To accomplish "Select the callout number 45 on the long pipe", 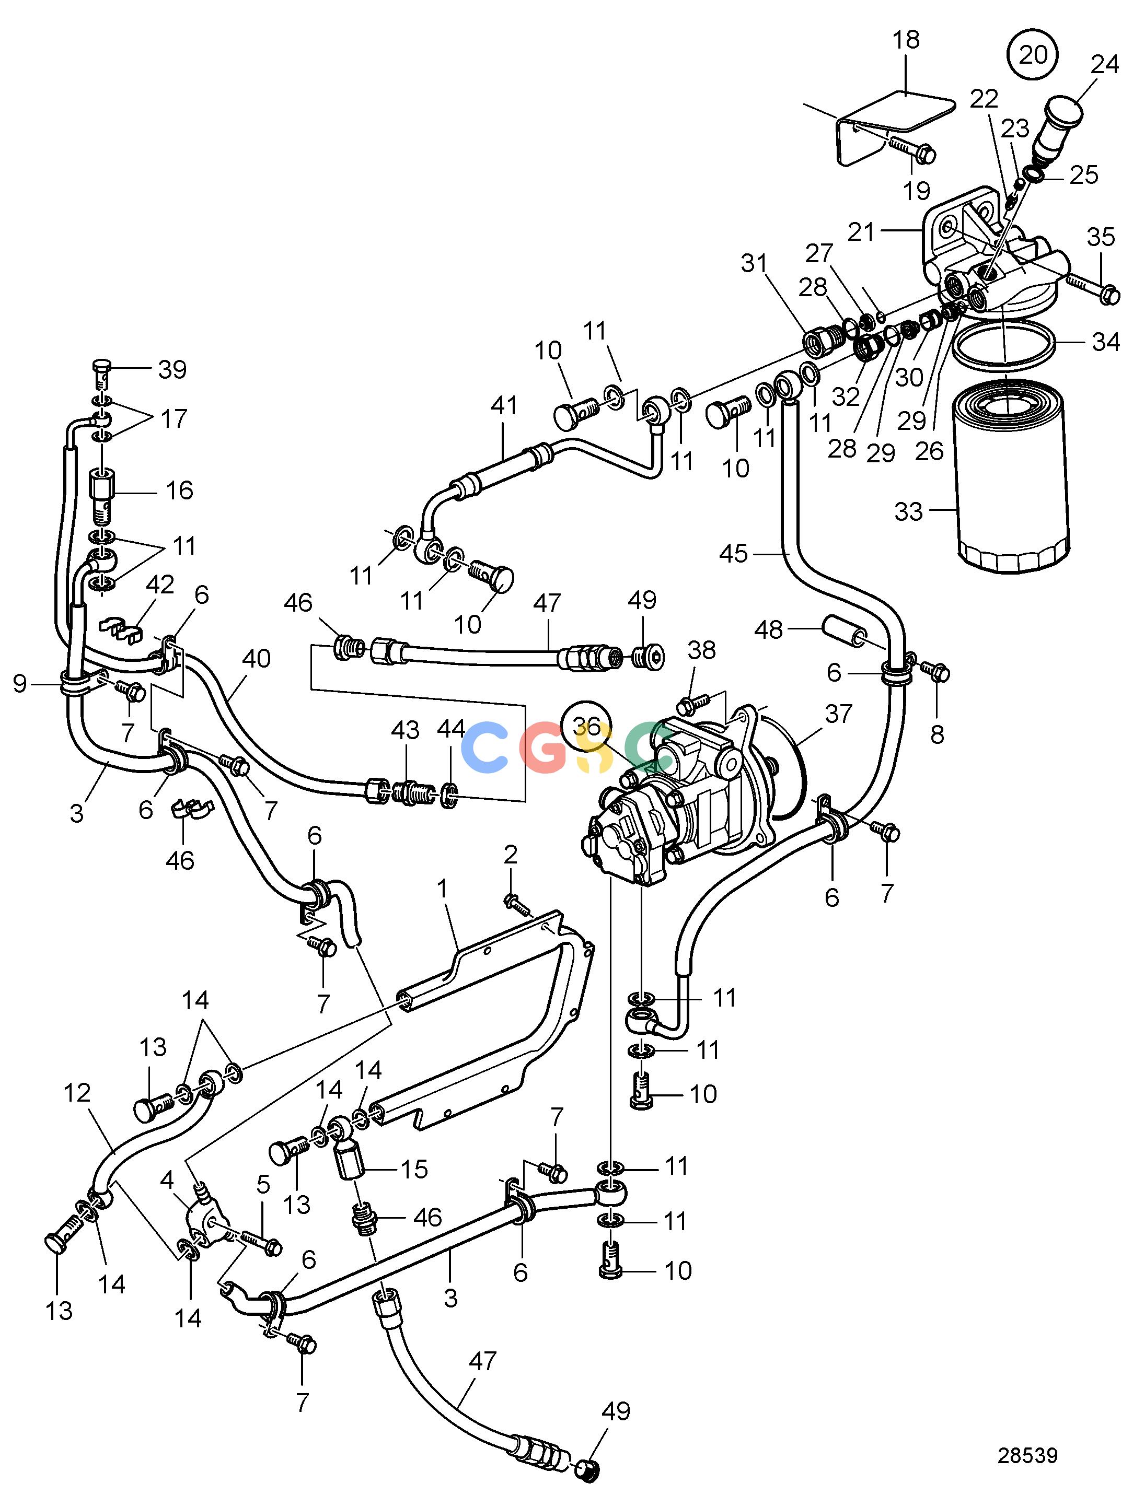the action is (734, 554).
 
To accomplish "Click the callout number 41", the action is (504, 405).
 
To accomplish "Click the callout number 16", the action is (179, 490).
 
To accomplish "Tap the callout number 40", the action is (256, 658).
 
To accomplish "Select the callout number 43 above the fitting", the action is (406, 730).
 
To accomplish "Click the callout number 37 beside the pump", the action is (838, 714).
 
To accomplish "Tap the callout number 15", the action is (414, 1169).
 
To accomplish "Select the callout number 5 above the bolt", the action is (263, 1184).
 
